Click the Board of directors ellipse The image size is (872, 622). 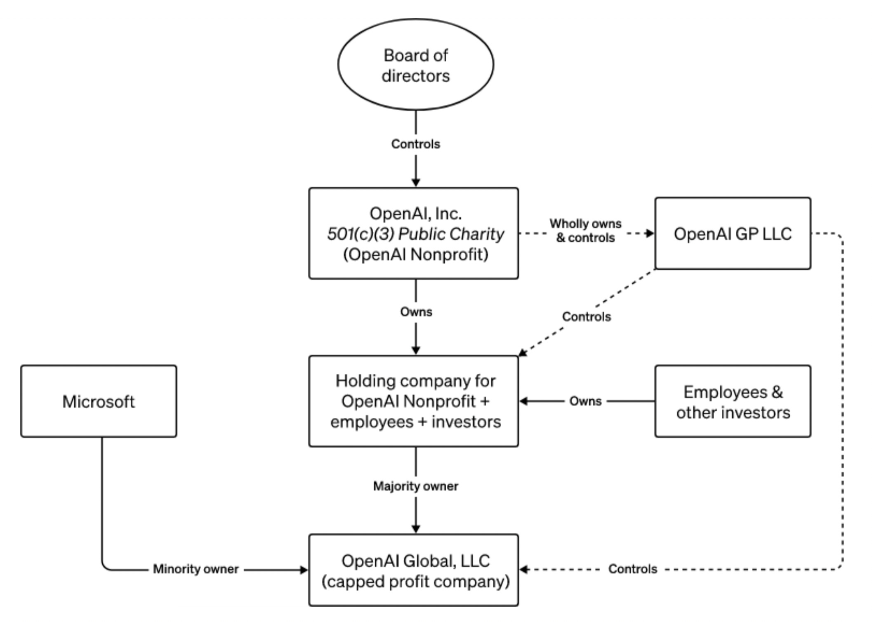tap(415, 64)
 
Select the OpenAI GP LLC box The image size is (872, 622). tap(733, 233)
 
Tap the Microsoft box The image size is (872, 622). tap(99, 401)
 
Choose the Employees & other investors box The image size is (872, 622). tap(733, 401)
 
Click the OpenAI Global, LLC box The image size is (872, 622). tap(414, 570)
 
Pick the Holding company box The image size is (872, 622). tap(414, 401)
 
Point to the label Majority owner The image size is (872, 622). tap(415, 486)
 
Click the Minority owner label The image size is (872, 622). tap(196, 569)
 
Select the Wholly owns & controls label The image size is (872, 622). tap(585, 231)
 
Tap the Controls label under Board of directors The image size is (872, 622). tap(415, 144)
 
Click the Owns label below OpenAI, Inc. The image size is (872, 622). tap(416, 312)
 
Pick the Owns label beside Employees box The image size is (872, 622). tap(585, 401)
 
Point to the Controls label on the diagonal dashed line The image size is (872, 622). tap(586, 317)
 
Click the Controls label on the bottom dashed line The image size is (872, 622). tap(632, 569)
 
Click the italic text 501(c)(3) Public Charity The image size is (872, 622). tap(415, 234)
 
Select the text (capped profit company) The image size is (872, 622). tap(415, 582)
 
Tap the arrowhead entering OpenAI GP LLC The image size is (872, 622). tap(650, 233)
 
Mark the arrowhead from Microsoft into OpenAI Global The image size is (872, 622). tap(304, 570)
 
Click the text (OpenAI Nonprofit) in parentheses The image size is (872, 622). tap(415, 254)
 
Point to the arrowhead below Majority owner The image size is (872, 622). tap(416, 529)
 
